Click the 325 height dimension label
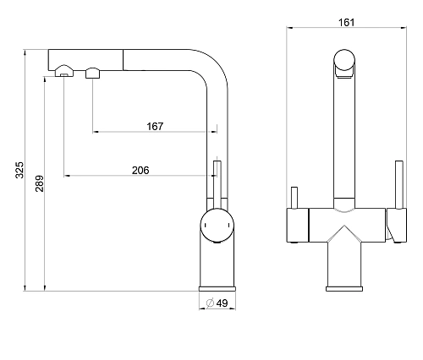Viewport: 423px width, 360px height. (19, 170)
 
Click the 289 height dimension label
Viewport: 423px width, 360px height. (40, 183)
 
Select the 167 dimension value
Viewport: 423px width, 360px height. (155, 126)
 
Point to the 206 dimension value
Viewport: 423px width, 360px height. (140, 170)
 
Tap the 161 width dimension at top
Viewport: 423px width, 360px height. (346, 22)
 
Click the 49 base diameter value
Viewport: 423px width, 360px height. (222, 303)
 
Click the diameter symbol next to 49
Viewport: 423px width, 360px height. (210, 303)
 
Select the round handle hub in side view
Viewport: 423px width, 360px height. (217, 226)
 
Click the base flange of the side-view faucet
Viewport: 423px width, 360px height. (217, 289)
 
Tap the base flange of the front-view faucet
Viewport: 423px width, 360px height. (344, 289)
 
